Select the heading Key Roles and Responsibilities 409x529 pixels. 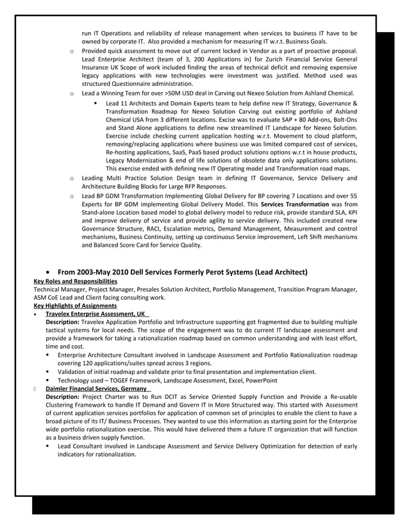(75, 281)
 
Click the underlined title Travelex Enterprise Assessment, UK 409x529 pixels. (96, 314)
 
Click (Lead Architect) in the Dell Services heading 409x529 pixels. (281, 272)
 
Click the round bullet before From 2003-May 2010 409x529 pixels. (49, 272)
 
